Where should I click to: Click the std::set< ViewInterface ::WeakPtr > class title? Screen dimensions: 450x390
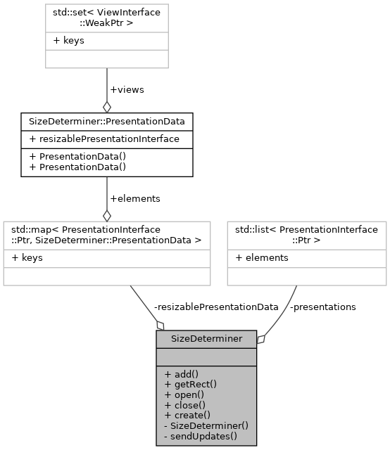[x=106, y=18]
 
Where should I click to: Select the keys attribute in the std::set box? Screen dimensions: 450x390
[x=68, y=41]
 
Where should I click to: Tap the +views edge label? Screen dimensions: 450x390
[x=127, y=91]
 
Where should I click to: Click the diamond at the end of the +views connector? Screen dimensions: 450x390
[x=106, y=106]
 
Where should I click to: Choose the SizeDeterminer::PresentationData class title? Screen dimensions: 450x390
[x=106, y=121]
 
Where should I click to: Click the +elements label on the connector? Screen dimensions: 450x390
[x=135, y=198]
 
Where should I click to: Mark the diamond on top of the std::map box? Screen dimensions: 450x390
[x=106, y=214]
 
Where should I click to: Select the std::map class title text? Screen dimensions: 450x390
[x=106, y=234]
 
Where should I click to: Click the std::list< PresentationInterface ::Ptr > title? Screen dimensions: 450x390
[x=306, y=234]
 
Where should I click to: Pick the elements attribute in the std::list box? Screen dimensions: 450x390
[x=262, y=257]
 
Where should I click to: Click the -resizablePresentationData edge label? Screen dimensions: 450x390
[x=215, y=307]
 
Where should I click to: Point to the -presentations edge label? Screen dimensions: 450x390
[x=324, y=307]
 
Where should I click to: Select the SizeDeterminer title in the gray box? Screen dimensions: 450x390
[x=206, y=338]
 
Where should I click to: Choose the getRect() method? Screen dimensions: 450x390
[x=190, y=384]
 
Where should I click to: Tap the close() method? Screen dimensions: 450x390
[x=184, y=404]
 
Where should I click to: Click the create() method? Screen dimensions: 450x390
[x=187, y=415]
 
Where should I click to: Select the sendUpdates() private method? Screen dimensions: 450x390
[x=201, y=436]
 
